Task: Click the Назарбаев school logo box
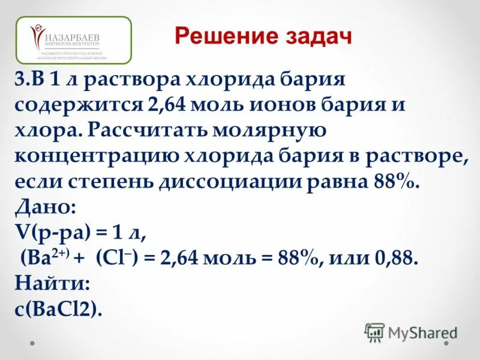coord(74,40)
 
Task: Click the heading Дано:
coord(45,207)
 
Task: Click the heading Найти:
coord(52,284)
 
